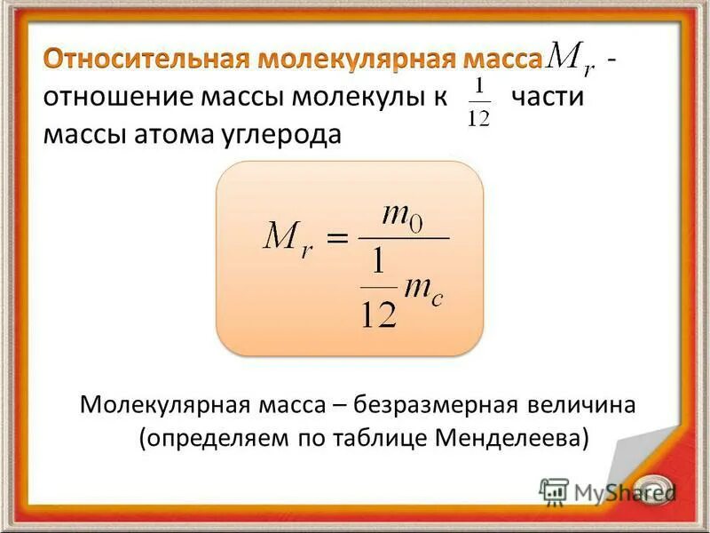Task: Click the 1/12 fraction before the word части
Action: pyautogui.click(x=478, y=102)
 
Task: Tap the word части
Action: pyautogui.click(x=548, y=97)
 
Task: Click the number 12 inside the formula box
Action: pyautogui.click(x=377, y=312)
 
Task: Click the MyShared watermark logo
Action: pyautogui.click(x=608, y=491)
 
